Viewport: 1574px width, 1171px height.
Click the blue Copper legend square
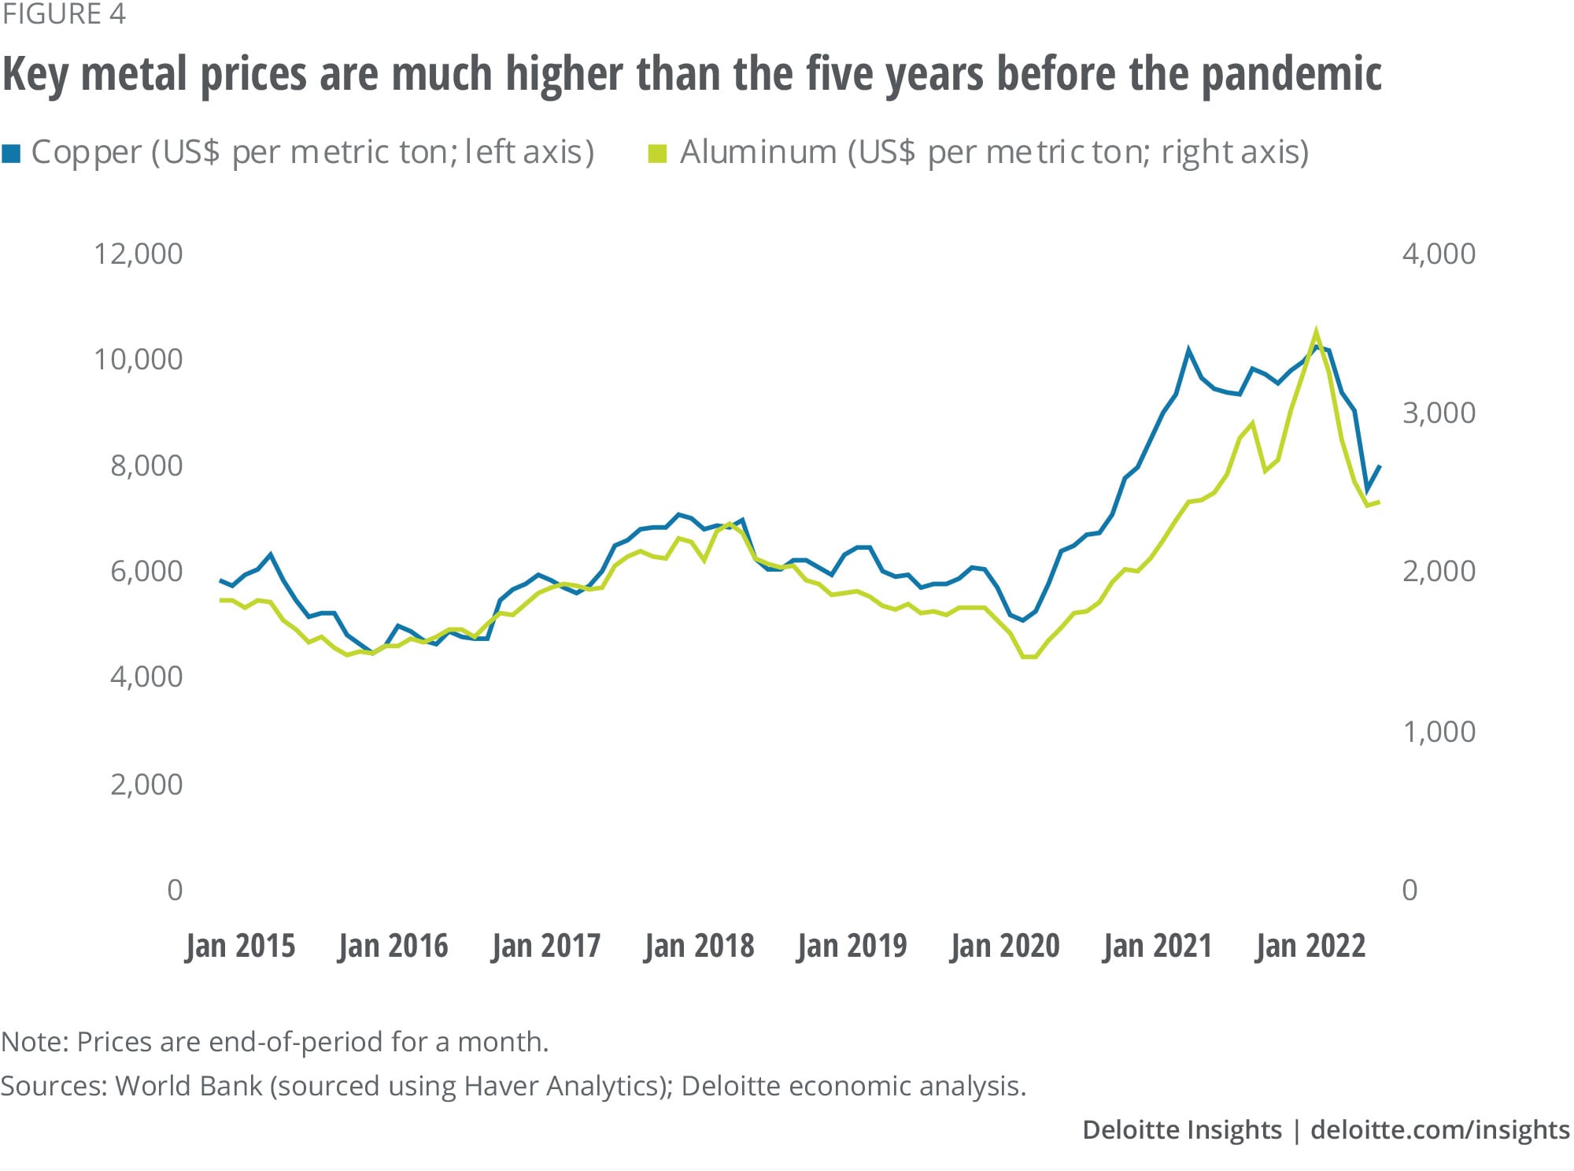tap(12, 153)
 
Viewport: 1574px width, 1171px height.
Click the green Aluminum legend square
tap(657, 153)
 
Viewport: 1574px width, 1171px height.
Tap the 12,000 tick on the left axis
tap(138, 254)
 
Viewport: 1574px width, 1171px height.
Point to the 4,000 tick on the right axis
tap(1439, 254)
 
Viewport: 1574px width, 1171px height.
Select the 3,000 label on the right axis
tap(1439, 413)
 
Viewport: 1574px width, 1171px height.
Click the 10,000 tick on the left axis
tap(138, 360)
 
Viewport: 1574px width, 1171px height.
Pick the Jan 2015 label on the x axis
tap(240, 946)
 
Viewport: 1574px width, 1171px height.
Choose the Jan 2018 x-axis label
tap(699, 946)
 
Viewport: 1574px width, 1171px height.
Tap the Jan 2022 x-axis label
tap(1310, 946)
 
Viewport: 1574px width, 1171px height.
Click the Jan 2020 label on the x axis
tap(1005, 946)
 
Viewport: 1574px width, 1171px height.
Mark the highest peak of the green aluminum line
tap(1315, 332)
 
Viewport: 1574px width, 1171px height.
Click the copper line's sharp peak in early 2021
tap(1188, 350)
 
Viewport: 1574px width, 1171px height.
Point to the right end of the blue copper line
tap(1380, 466)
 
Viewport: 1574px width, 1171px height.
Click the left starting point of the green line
tap(221, 600)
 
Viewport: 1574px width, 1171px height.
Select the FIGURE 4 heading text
tap(63, 14)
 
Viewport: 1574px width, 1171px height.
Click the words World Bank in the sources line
tap(188, 1086)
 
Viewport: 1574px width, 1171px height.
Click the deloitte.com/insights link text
tap(1439, 1130)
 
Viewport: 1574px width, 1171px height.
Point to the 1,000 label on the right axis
tap(1439, 732)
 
